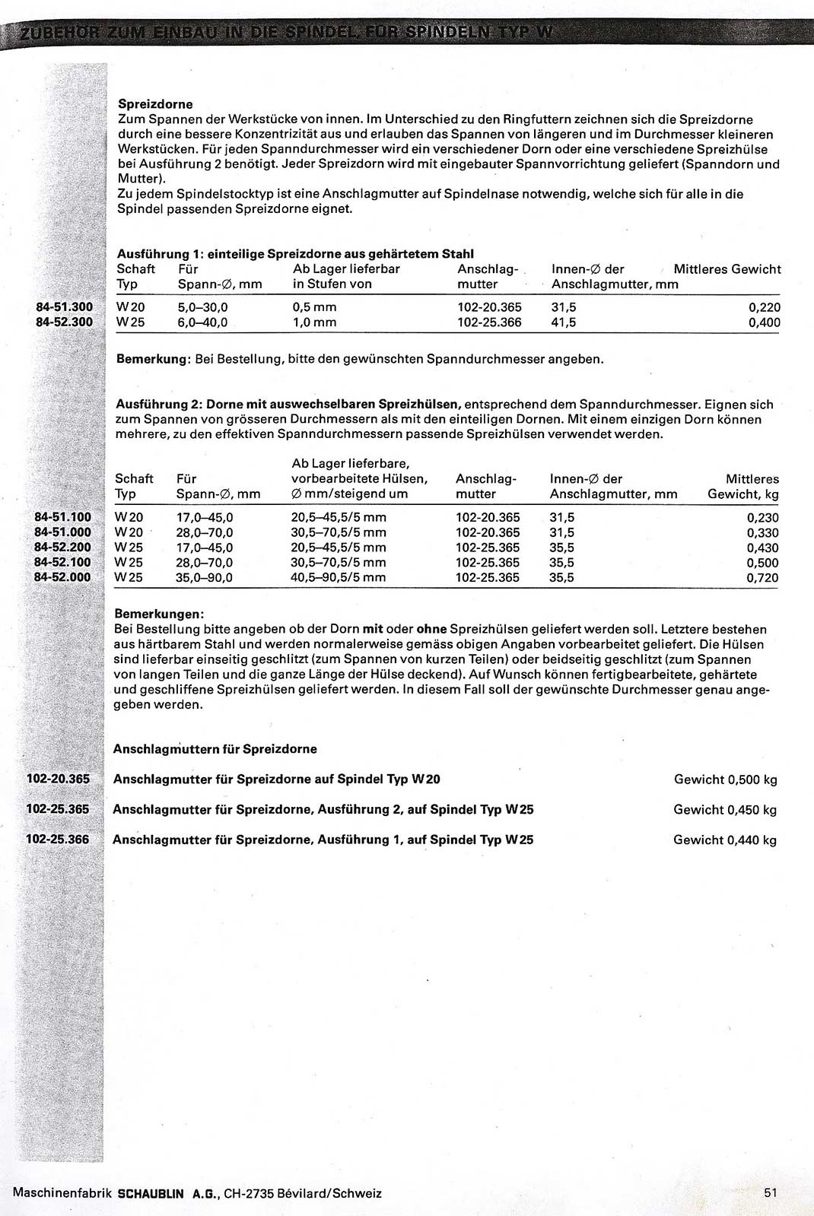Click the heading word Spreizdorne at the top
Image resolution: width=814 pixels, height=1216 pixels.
point(156,104)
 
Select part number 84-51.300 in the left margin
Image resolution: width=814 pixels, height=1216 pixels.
point(64,307)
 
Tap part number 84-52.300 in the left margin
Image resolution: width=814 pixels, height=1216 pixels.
point(64,322)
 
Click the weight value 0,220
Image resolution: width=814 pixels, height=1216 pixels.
point(763,308)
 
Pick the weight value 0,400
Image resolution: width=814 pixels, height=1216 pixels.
point(763,323)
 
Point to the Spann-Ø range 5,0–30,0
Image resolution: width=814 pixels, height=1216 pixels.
point(202,308)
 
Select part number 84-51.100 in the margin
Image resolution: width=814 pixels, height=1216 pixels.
point(63,517)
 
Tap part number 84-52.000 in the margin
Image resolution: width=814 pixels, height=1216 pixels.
point(63,577)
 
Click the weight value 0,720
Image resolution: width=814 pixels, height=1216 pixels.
point(762,578)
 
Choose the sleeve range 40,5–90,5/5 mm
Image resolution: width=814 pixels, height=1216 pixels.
point(339,578)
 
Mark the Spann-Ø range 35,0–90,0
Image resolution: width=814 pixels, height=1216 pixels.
point(205,578)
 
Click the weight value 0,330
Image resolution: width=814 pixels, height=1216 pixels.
point(762,533)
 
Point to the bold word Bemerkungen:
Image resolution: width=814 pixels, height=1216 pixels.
point(159,614)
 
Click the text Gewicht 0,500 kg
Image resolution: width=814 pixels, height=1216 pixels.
point(725,779)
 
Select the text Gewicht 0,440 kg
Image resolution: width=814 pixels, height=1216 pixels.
point(725,840)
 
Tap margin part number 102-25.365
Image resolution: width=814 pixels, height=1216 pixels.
point(58,809)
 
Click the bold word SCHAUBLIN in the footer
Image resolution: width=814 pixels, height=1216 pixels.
point(151,1193)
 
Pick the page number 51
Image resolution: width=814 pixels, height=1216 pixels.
point(771,1193)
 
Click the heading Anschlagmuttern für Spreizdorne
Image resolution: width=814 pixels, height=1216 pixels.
point(215,749)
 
